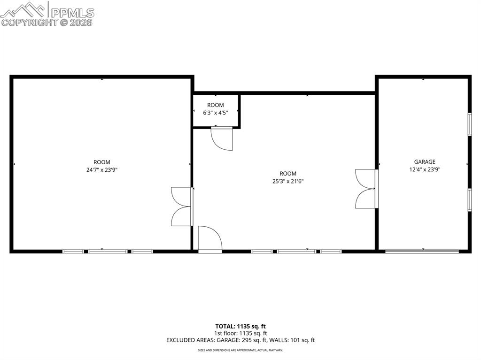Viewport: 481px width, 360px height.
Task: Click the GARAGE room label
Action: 424,162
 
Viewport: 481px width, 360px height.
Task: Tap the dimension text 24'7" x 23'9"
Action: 102,170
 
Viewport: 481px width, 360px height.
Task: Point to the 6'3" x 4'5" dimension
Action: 216,113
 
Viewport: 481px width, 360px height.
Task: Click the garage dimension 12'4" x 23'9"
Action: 424,170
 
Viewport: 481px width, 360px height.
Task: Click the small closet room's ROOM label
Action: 216,105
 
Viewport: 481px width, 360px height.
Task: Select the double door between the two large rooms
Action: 182,207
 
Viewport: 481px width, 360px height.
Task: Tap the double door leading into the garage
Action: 366,189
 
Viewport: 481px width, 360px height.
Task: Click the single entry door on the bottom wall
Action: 209,239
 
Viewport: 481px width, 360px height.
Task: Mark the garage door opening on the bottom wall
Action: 422,252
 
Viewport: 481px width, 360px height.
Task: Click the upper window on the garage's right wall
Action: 469,124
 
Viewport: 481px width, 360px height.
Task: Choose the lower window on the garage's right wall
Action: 469,199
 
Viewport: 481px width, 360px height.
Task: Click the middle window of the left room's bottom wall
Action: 108,252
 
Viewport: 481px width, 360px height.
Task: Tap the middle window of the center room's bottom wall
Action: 296,252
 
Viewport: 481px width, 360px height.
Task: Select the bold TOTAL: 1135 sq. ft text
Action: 240,326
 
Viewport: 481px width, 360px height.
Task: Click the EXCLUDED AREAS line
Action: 240,340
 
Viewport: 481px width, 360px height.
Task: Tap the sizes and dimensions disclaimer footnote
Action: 240,350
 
